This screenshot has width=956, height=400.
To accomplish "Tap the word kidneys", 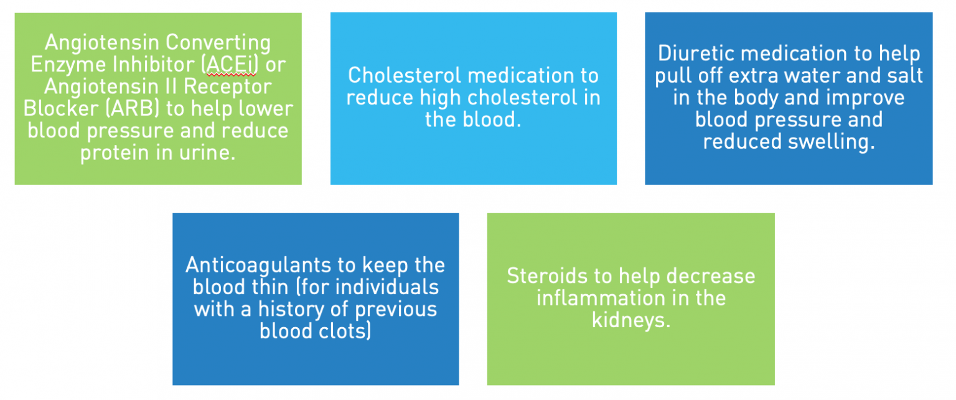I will tap(630, 320).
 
